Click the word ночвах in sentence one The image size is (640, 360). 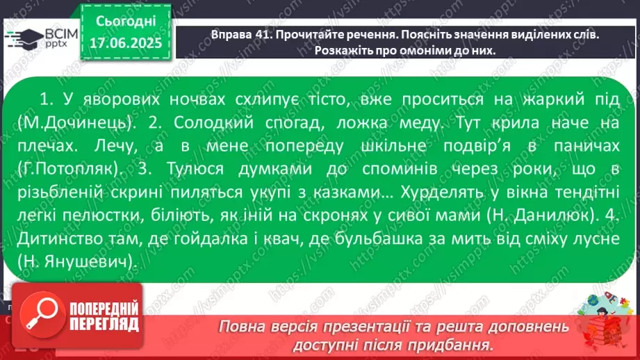178,99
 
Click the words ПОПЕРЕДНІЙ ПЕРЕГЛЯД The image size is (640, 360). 102,317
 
